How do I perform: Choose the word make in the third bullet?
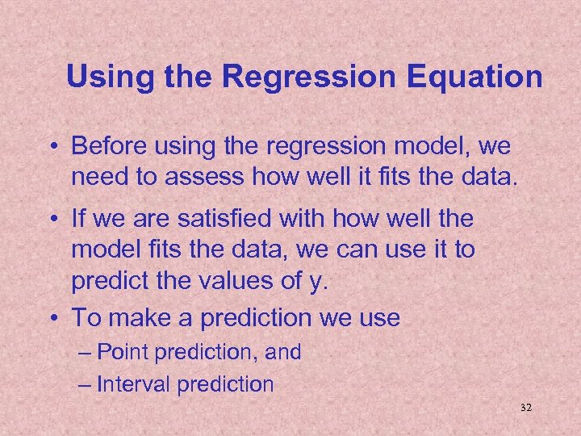tap(138, 317)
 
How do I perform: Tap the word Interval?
tap(134, 384)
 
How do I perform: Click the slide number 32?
tap(526, 409)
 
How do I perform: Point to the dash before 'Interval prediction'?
tap(86, 384)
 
